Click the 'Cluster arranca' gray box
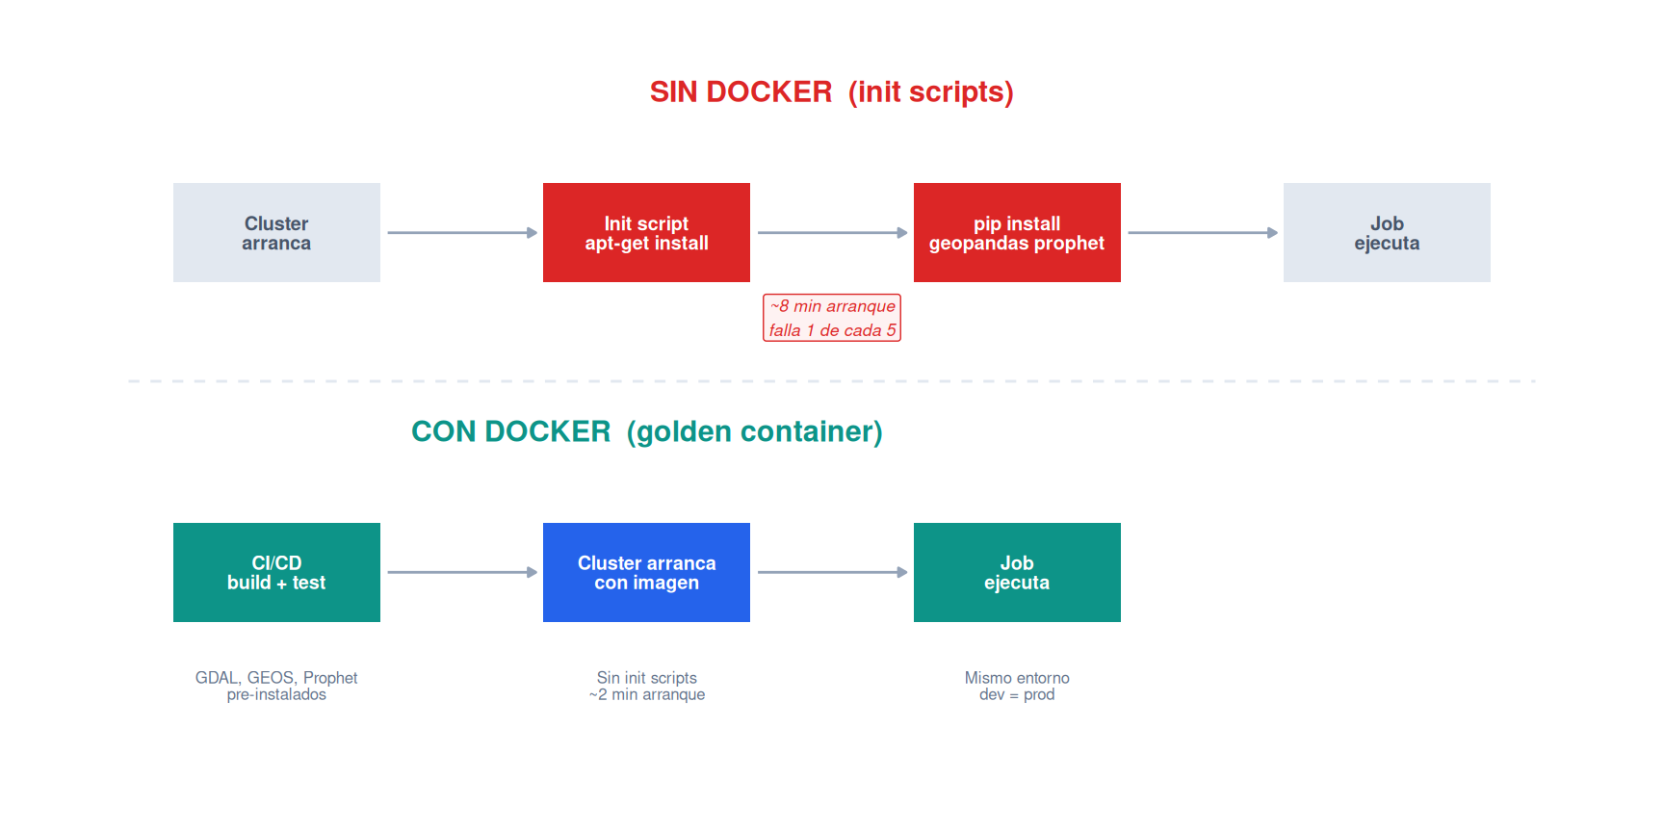(276, 232)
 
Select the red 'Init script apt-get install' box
(646, 232)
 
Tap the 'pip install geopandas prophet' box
(1017, 232)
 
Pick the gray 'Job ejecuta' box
(1387, 232)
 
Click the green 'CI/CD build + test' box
(276, 572)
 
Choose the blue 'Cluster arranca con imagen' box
(646, 572)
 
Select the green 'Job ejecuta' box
(1017, 572)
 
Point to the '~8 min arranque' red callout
(832, 318)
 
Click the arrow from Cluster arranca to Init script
(462, 232)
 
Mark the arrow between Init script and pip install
(832, 232)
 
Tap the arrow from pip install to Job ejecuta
(1203, 232)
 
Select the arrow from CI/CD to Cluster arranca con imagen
(462, 572)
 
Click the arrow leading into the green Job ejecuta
(832, 572)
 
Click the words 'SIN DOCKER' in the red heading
(741, 91)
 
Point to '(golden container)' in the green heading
(755, 431)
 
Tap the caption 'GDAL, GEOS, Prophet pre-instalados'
(276, 686)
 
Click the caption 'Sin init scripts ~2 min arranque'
(647, 686)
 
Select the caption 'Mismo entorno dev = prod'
(1017, 686)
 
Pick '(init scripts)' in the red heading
(931, 92)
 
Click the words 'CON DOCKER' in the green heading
(511, 431)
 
